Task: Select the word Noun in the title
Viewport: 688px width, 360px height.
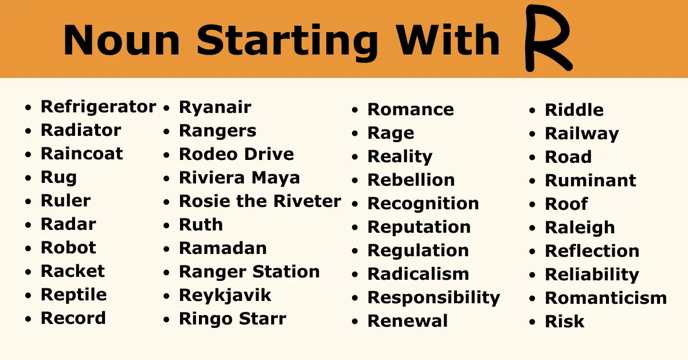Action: click(x=122, y=40)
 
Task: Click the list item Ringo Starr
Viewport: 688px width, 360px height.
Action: click(x=233, y=319)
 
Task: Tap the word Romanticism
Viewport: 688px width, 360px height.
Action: click(x=605, y=298)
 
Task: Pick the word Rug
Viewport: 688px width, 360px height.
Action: click(x=58, y=178)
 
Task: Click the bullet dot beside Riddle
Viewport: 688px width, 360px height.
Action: click(x=532, y=111)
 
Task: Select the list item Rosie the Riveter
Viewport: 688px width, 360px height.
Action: click(x=260, y=201)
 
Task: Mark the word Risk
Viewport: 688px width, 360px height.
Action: click(x=564, y=322)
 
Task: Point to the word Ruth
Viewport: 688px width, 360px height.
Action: click(x=201, y=225)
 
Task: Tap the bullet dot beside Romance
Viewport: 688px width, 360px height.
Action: click(x=355, y=110)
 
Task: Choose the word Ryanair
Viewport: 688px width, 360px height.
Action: click(x=215, y=108)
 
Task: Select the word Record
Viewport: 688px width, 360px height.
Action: click(x=73, y=318)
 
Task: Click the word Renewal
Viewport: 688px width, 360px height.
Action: click(x=408, y=321)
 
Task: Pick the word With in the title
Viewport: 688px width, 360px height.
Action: click(x=448, y=40)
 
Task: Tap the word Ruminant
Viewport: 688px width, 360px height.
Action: click(x=591, y=181)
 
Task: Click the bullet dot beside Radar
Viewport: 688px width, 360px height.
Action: click(x=28, y=225)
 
